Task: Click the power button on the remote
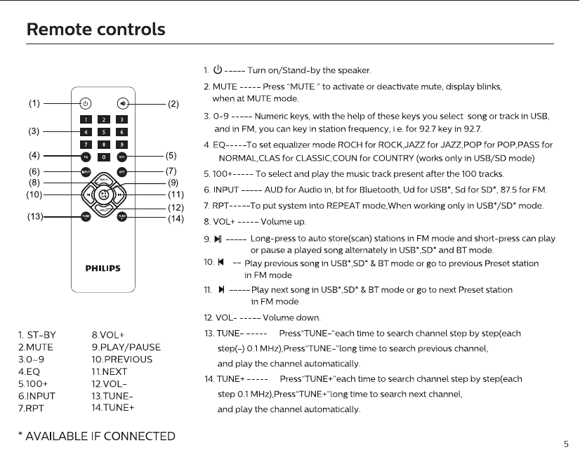(x=85, y=103)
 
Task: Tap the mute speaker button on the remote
(x=123, y=103)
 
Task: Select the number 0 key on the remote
(x=103, y=157)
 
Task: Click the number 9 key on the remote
(x=121, y=144)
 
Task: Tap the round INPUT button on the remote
(x=85, y=171)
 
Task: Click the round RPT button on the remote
(x=122, y=171)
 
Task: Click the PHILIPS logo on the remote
(x=103, y=268)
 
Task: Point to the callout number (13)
(x=35, y=217)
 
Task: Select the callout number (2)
(x=173, y=104)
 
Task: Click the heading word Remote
(x=56, y=30)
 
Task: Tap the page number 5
(x=566, y=444)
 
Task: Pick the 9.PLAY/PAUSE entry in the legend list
(x=126, y=347)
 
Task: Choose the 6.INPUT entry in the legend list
(x=37, y=396)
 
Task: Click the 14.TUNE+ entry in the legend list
(x=112, y=407)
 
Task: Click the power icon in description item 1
(x=218, y=70)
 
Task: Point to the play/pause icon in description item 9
(x=218, y=239)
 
